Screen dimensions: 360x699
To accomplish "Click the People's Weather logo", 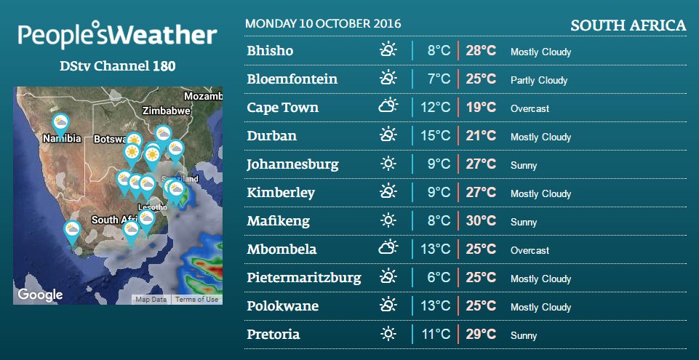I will pos(117,36).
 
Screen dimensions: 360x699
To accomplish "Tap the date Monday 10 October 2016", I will pos(323,23).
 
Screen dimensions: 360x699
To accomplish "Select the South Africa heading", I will pos(628,25).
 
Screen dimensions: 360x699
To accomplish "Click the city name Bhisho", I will pos(270,51).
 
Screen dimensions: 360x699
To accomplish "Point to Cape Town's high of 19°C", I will pos(481,108).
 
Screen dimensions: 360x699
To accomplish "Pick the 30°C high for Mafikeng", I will pos(481,221).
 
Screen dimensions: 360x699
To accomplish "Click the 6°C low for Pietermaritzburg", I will pos(439,278).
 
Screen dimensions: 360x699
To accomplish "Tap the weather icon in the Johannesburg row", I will pos(388,164).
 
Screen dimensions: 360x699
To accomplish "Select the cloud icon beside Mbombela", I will pos(388,249).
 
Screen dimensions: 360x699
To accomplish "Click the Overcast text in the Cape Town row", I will pos(530,108).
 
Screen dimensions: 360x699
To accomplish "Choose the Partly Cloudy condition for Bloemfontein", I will pos(539,80).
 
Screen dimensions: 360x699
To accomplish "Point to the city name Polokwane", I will pos(282,306).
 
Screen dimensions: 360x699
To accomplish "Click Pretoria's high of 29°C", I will pos(481,335).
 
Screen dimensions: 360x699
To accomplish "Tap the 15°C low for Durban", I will pos(436,136).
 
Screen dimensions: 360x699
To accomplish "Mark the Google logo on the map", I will pos(40,295).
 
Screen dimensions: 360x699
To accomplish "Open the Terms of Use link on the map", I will pos(196,300).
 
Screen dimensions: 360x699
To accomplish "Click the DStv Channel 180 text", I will pos(117,67).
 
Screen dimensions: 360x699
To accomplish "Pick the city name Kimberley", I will pos(281,193).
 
